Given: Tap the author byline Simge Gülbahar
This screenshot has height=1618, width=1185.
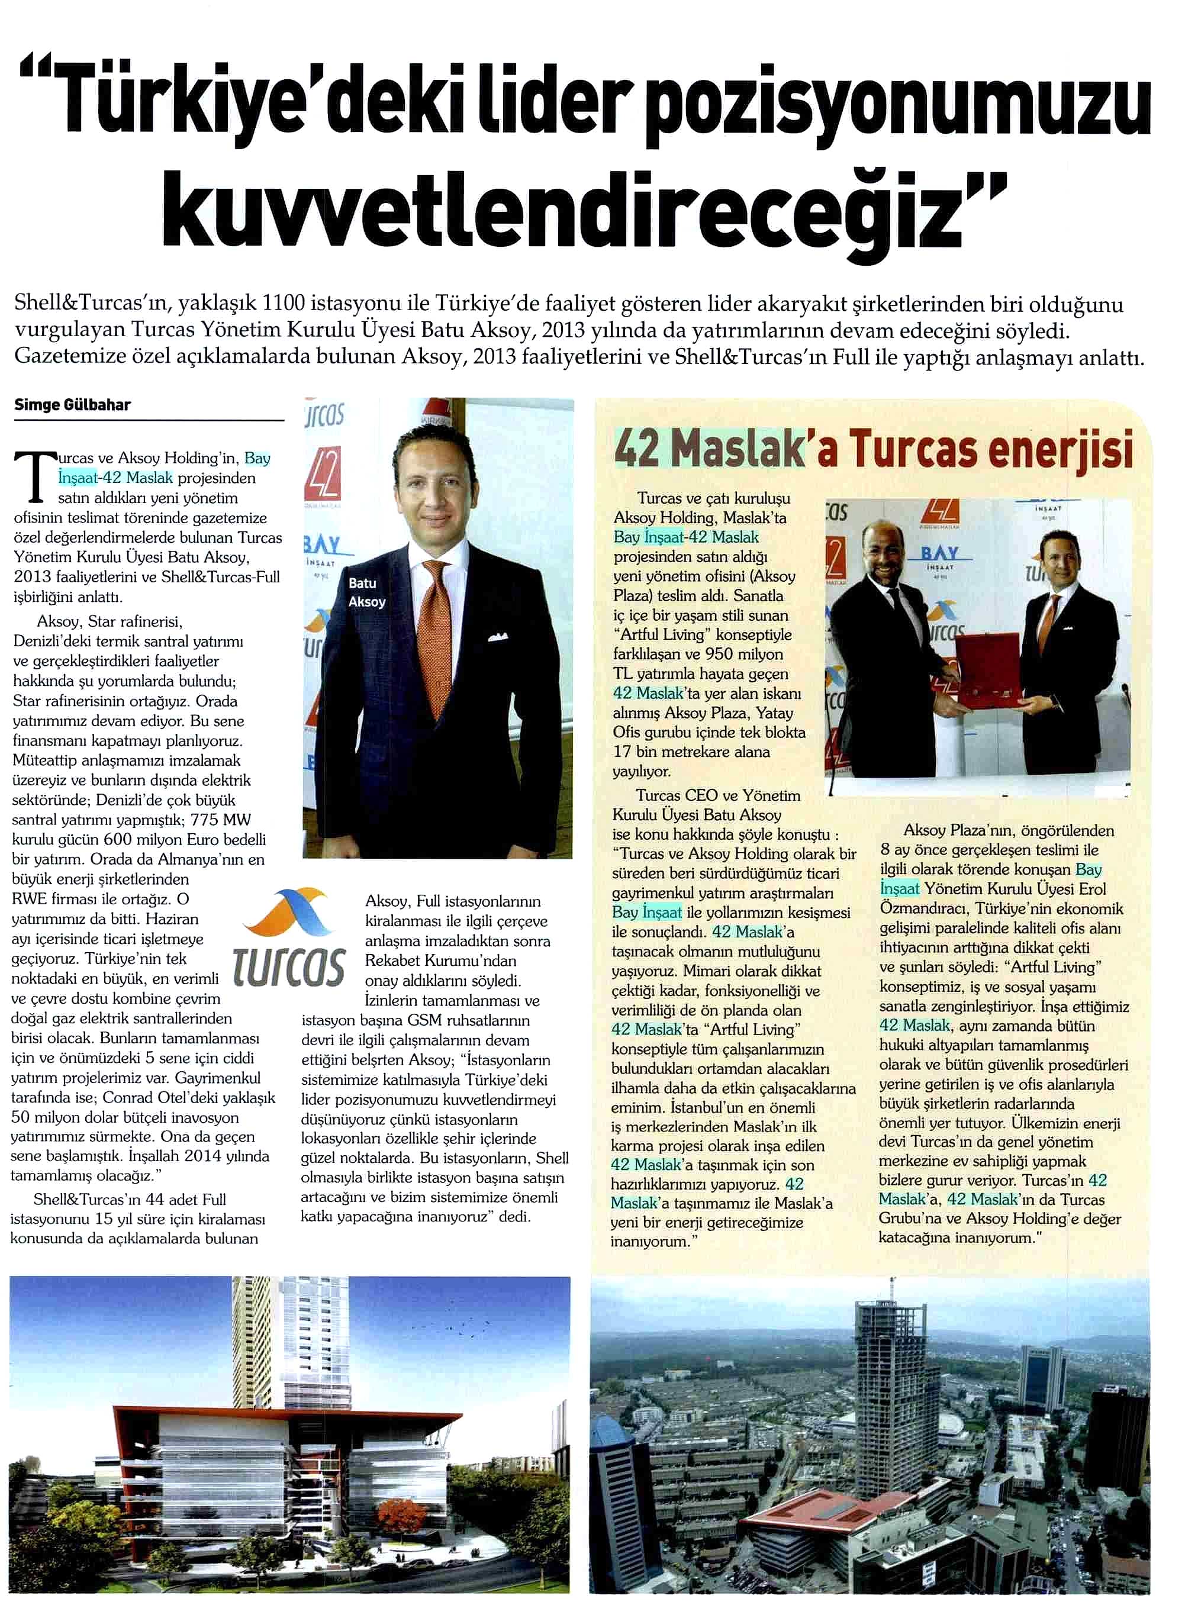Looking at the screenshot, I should pos(72,405).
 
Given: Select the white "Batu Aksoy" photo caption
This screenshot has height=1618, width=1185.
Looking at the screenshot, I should pos(366,592).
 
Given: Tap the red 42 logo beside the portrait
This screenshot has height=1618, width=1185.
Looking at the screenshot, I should pos(323,473).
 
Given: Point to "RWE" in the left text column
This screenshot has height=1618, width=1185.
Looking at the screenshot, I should pos(28,900).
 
